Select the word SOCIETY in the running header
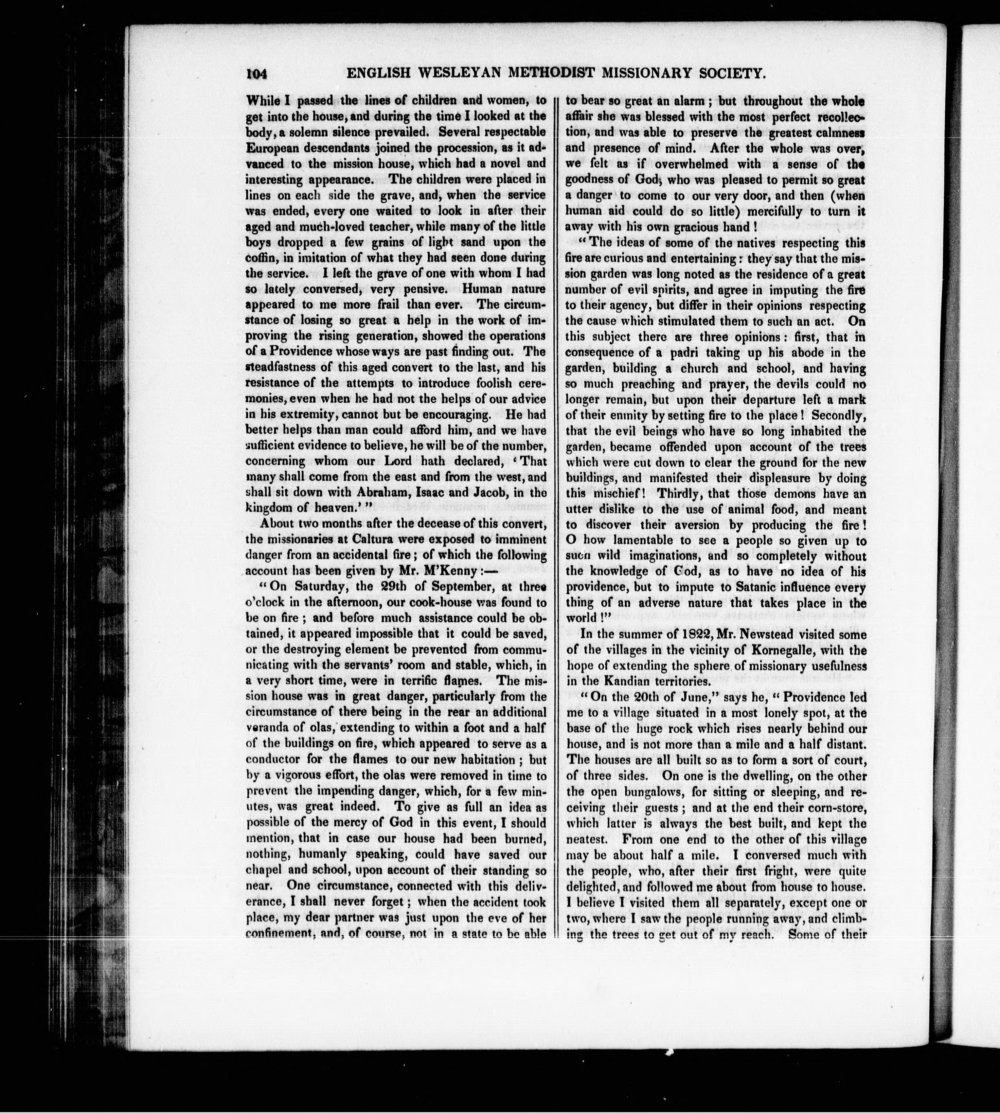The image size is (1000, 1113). click(722, 74)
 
